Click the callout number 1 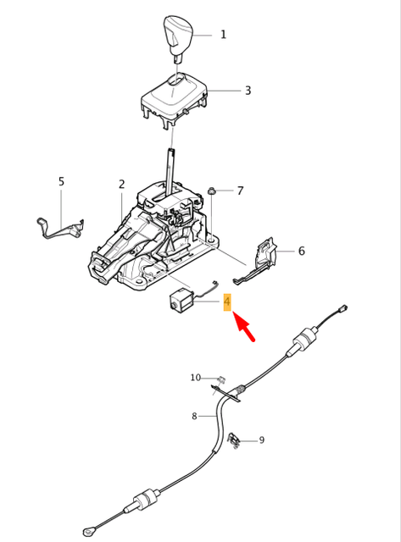223,35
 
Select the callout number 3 248,91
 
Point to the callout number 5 61,181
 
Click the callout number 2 121,184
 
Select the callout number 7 240,191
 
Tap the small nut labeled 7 212,190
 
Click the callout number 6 301,251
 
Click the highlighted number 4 227,302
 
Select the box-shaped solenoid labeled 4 181,301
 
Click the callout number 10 195,378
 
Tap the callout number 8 194,416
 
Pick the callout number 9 261,440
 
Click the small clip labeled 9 236,440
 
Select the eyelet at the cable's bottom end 89,531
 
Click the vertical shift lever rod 172,169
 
